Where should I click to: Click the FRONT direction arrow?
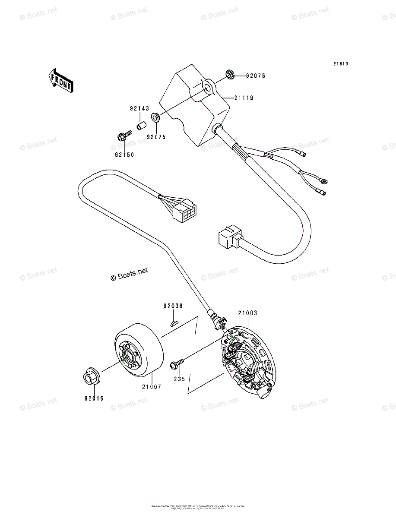coord(60,80)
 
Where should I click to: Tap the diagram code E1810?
coord(340,64)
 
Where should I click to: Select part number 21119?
coord(244,98)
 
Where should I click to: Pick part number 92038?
coord(173,306)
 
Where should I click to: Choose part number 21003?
coord(247,313)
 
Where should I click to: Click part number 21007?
coord(151,387)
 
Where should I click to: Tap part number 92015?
coord(94,398)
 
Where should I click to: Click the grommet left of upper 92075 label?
coord(229,75)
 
